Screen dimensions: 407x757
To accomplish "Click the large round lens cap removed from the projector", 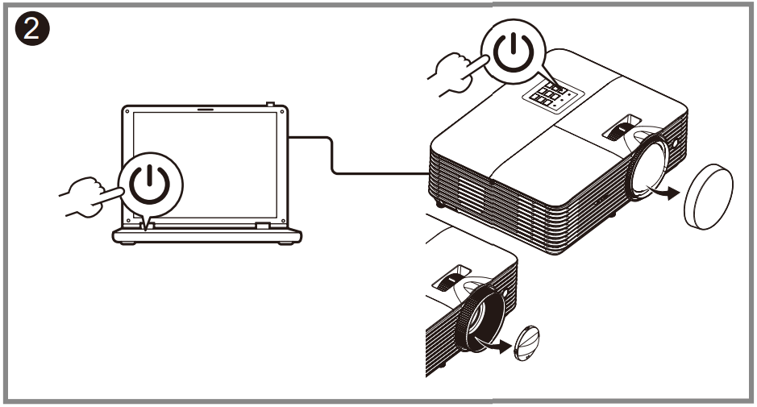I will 707,197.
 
